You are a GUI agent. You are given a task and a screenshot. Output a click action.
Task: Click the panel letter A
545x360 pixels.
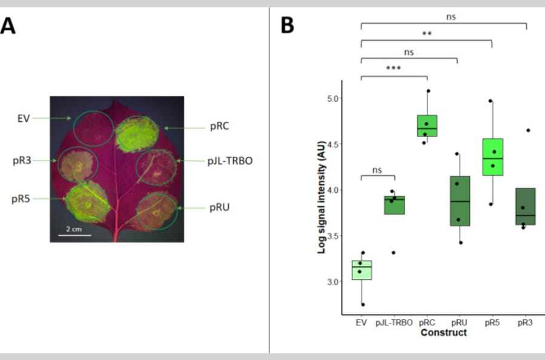click(8, 27)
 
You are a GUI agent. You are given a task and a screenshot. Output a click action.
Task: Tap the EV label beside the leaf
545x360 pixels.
click(24, 118)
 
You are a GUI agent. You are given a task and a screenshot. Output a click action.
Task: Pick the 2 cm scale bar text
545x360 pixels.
click(74, 228)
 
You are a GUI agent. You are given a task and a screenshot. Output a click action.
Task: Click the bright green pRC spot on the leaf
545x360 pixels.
click(137, 135)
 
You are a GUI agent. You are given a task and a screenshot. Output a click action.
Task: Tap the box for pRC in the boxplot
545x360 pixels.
click(427, 125)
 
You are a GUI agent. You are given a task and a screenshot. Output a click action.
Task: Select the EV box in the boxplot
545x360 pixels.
click(362, 270)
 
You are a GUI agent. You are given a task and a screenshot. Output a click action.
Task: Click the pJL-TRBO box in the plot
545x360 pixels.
click(394, 205)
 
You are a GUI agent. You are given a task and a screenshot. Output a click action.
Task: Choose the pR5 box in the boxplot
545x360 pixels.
click(492, 157)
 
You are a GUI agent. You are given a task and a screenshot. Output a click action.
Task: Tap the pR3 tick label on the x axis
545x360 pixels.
click(525, 323)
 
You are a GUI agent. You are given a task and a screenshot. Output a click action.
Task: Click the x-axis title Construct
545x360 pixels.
click(444, 333)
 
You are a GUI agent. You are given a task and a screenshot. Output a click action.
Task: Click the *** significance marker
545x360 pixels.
click(394, 68)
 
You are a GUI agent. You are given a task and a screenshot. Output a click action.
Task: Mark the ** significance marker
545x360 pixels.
click(426, 34)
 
